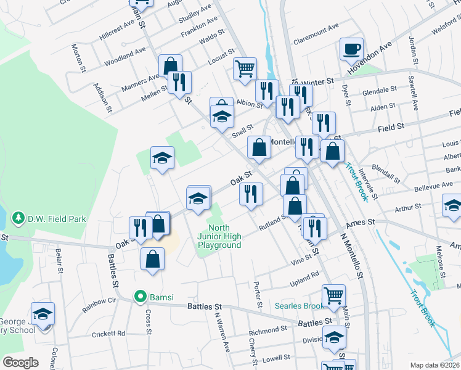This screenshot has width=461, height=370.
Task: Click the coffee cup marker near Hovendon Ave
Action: pos(351,49)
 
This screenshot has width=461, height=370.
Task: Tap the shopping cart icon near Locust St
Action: pos(245,68)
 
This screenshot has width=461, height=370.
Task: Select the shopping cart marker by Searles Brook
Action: pos(333,295)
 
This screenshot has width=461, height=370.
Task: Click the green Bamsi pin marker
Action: pos(141,297)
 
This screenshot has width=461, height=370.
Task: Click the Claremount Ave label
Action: pos(316,27)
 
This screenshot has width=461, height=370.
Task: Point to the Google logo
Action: pos(20,363)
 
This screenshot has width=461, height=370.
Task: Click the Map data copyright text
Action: pos(435,365)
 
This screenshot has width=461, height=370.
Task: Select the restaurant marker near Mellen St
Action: pos(179,82)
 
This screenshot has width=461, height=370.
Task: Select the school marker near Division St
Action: pos(334,339)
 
